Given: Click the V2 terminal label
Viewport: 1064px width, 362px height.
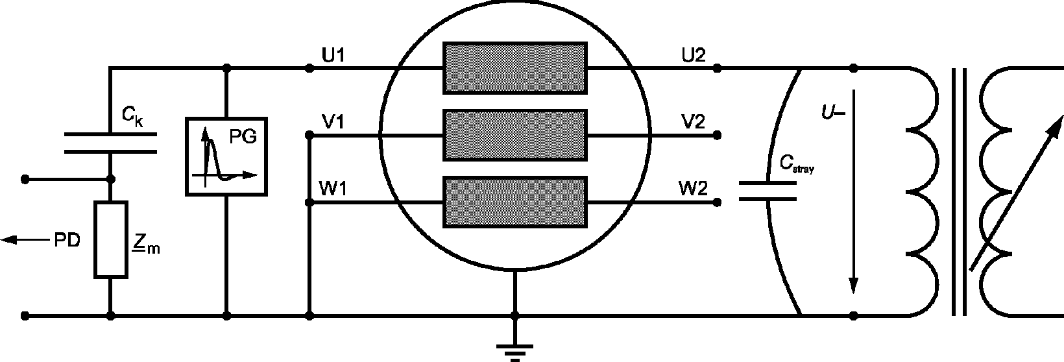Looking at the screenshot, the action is tap(693, 122).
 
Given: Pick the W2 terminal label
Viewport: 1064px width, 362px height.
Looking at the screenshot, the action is tap(693, 190).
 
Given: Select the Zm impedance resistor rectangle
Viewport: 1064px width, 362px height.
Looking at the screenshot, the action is tap(110, 240).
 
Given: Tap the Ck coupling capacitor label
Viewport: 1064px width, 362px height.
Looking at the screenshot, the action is tap(132, 117).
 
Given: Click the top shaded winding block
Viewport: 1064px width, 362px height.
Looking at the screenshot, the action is tap(514, 67).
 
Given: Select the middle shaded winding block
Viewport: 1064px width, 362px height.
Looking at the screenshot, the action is tap(514, 135).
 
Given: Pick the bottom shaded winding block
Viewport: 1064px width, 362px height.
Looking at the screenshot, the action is tap(514, 202).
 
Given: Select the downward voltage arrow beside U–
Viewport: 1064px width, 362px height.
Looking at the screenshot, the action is tap(854, 195).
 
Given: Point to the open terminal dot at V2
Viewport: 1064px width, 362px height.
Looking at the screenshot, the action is tap(717, 136).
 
